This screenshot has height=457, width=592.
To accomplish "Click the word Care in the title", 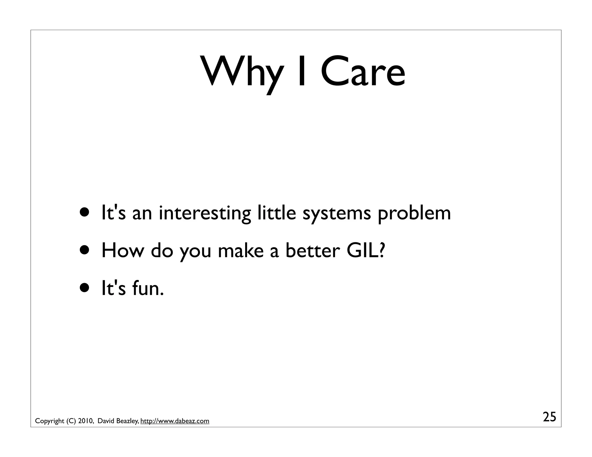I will (363, 72).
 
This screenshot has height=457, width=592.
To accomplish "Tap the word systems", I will (336, 214).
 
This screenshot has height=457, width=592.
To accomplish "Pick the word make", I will (240, 250).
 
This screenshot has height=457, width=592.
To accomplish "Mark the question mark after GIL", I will (382, 250).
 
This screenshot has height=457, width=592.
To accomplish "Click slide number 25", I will (549, 417).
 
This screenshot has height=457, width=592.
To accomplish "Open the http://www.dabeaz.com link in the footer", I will (175, 421).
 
